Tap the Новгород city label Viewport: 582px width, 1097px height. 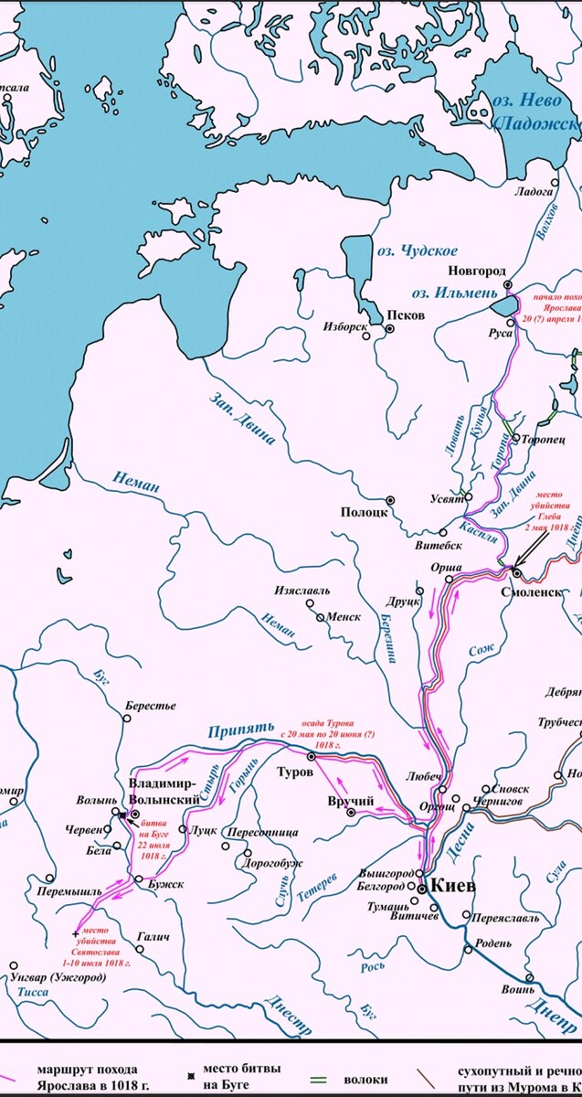point(476,272)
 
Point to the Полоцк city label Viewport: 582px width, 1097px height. point(361,512)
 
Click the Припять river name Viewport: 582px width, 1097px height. point(240,730)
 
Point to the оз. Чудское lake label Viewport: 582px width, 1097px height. point(418,250)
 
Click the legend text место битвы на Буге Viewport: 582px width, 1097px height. point(241,1076)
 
